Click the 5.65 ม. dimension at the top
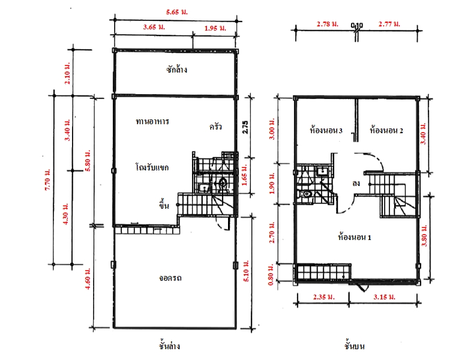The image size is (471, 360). click(x=176, y=13)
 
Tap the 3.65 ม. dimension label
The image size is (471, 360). click(x=154, y=27)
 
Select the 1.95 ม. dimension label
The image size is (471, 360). click(x=215, y=28)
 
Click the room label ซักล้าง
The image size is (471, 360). click(x=176, y=70)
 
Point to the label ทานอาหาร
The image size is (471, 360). click(x=152, y=121)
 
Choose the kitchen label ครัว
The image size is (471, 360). click(x=215, y=127)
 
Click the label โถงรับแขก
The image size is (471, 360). click(x=152, y=167)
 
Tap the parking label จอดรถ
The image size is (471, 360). click(x=170, y=278)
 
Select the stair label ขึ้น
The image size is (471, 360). click(x=164, y=205)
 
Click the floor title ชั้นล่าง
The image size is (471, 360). click(x=169, y=346)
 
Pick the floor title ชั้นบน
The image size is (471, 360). click(x=355, y=346)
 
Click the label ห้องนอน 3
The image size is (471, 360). click(x=326, y=130)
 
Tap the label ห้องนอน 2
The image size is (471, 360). click(x=386, y=130)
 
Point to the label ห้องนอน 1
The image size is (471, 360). click(x=355, y=237)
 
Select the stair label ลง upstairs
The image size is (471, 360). click(x=356, y=183)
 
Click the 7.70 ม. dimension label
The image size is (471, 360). click(x=47, y=179)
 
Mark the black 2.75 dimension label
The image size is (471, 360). click(x=245, y=127)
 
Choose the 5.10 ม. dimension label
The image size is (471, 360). click(x=246, y=271)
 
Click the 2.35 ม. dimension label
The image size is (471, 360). click(x=324, y=297)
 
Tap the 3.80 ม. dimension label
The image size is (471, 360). click(x=424, y=236)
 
